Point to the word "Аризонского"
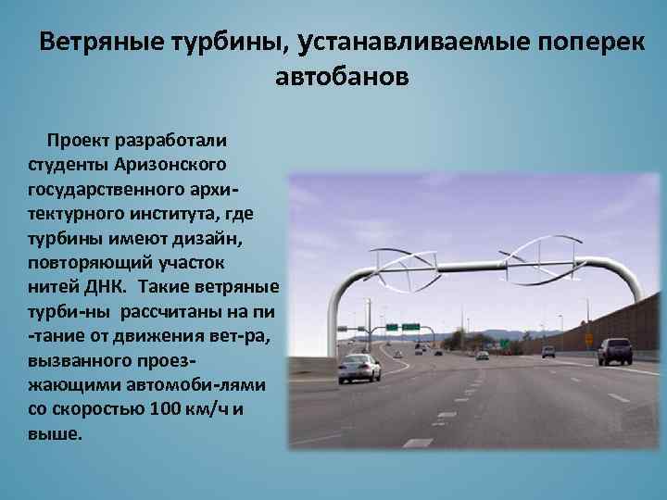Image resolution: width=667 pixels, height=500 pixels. [170, 165]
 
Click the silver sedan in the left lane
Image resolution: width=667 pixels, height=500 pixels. [359, 368]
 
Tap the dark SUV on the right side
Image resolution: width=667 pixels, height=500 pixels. [614, 351]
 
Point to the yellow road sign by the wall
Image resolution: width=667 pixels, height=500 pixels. [588, 339]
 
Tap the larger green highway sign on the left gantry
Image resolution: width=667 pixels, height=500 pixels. [409, 327]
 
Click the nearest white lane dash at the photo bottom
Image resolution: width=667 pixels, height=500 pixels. [418, 443]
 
